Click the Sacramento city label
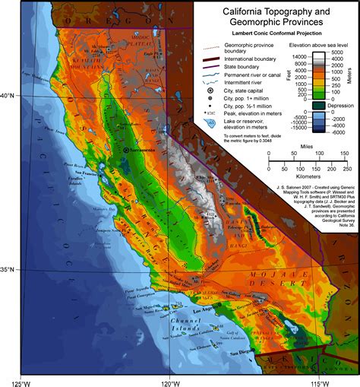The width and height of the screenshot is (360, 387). (x=144, y=152)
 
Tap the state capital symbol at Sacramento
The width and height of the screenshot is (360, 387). (x=127, y=152)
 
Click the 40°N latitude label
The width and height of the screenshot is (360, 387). (x=9, y=95)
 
